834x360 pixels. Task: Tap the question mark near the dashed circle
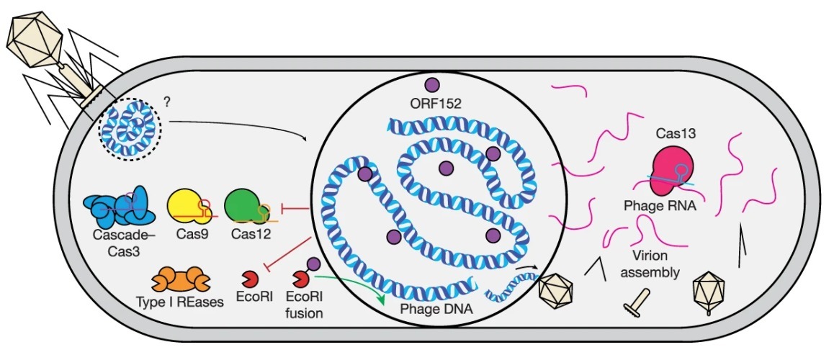[167, 103]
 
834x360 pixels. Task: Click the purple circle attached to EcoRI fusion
[313, 265]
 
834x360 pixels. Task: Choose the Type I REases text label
[179, 302]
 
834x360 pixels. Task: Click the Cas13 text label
[675, 135]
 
